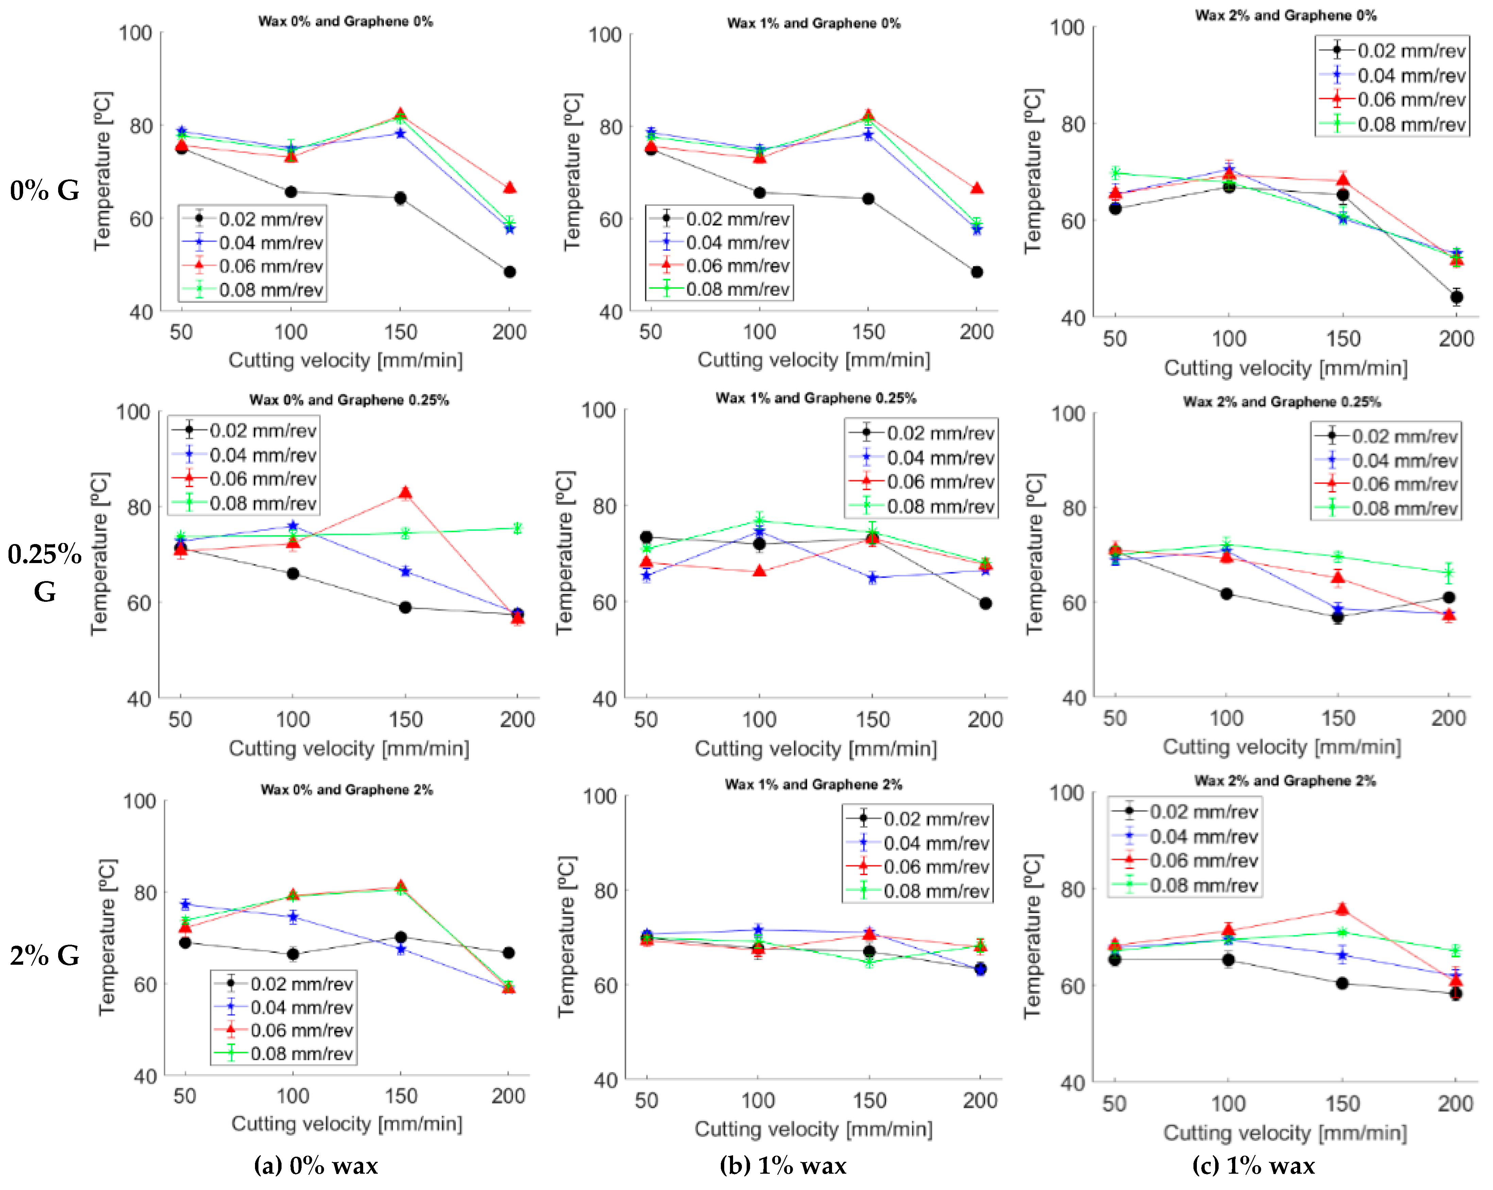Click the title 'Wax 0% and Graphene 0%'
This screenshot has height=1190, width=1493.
pos(345,21)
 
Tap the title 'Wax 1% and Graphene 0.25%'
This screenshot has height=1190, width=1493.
pos(816,398)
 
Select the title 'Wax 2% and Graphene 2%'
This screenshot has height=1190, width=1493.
pos(1285,781)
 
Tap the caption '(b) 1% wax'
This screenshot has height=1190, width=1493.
pos(783,1166)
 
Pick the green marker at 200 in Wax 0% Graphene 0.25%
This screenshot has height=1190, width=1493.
pos(517,528)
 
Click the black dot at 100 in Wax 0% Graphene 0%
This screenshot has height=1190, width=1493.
pos(291,192)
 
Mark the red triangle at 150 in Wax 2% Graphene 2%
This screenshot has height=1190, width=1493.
pos(1342,909)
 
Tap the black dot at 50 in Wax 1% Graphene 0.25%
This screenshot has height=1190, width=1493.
pos(646,537)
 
